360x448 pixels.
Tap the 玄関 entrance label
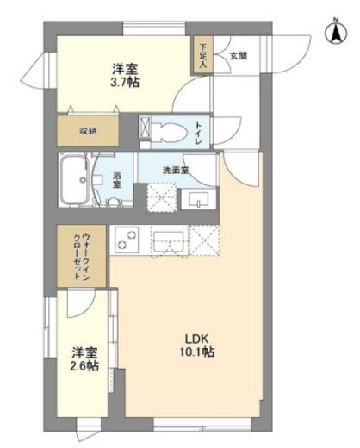click(x=239, y=57)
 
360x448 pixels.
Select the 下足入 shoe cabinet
click(x=202, y=59)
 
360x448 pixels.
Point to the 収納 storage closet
click(x=90, y=132)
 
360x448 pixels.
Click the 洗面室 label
click(x=177, y=170)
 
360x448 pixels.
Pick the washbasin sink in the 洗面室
click(x=201, y=199)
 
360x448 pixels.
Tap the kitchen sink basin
click(x=167, y=242)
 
